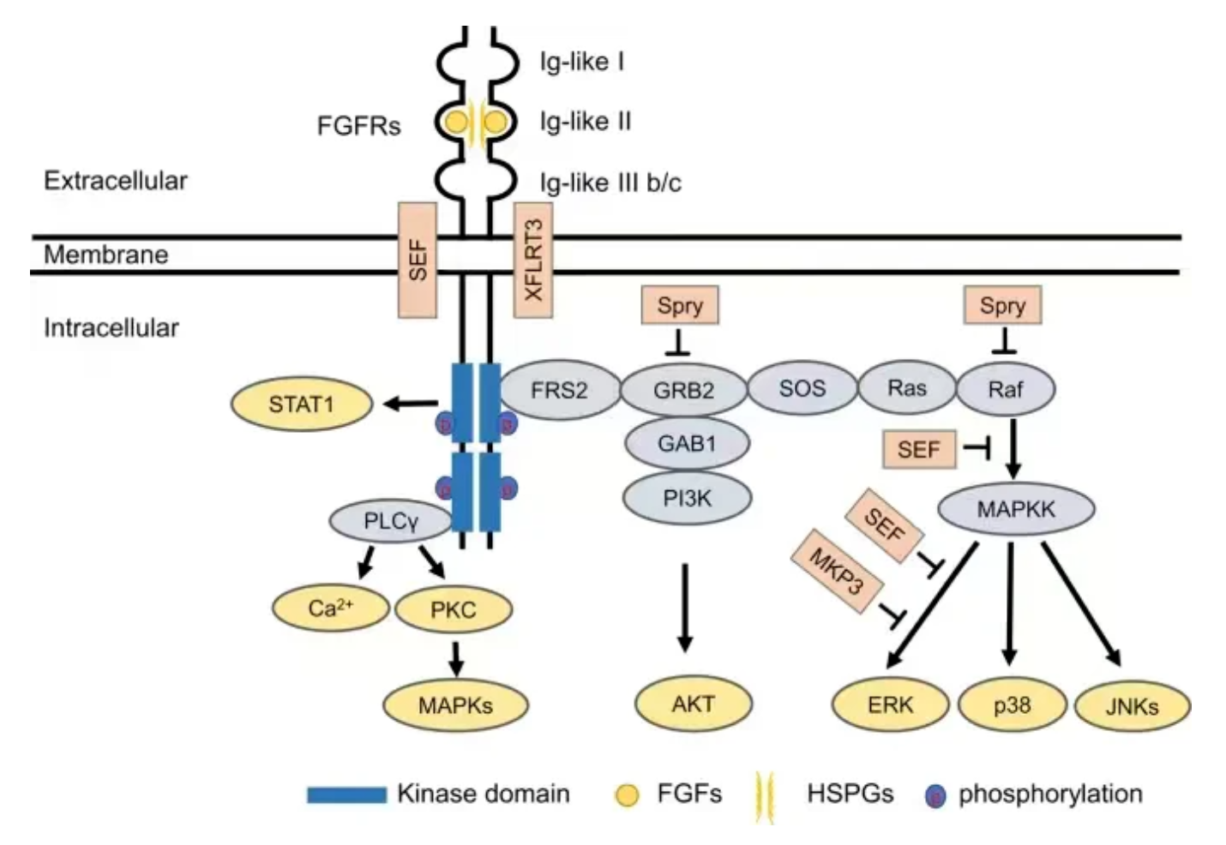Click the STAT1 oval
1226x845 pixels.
(302, 405)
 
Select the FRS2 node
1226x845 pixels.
(559, 390)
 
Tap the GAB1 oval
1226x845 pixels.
(687, 443)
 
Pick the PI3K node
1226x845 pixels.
(688, 498)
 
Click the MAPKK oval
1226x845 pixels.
(1016, 509)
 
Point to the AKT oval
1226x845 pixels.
(694, 704)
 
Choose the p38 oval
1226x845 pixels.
(1013, 705)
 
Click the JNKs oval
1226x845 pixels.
(1133, 706)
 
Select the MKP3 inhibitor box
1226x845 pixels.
(837, 571)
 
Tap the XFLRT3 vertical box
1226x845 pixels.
(533, 261)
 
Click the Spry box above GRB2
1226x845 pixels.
(680, 305)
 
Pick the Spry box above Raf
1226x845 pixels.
(1003, 305)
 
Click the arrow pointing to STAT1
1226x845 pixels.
(411, 405)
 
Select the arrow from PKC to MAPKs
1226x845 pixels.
(455, 658)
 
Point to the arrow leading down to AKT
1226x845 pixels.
(685, 608)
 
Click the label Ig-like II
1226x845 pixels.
(586, 122)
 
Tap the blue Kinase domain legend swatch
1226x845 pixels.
(346, 794)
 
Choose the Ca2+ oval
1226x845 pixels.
(331, 608)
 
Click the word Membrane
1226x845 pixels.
(105, 255)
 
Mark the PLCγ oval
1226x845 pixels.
(391, 521)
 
